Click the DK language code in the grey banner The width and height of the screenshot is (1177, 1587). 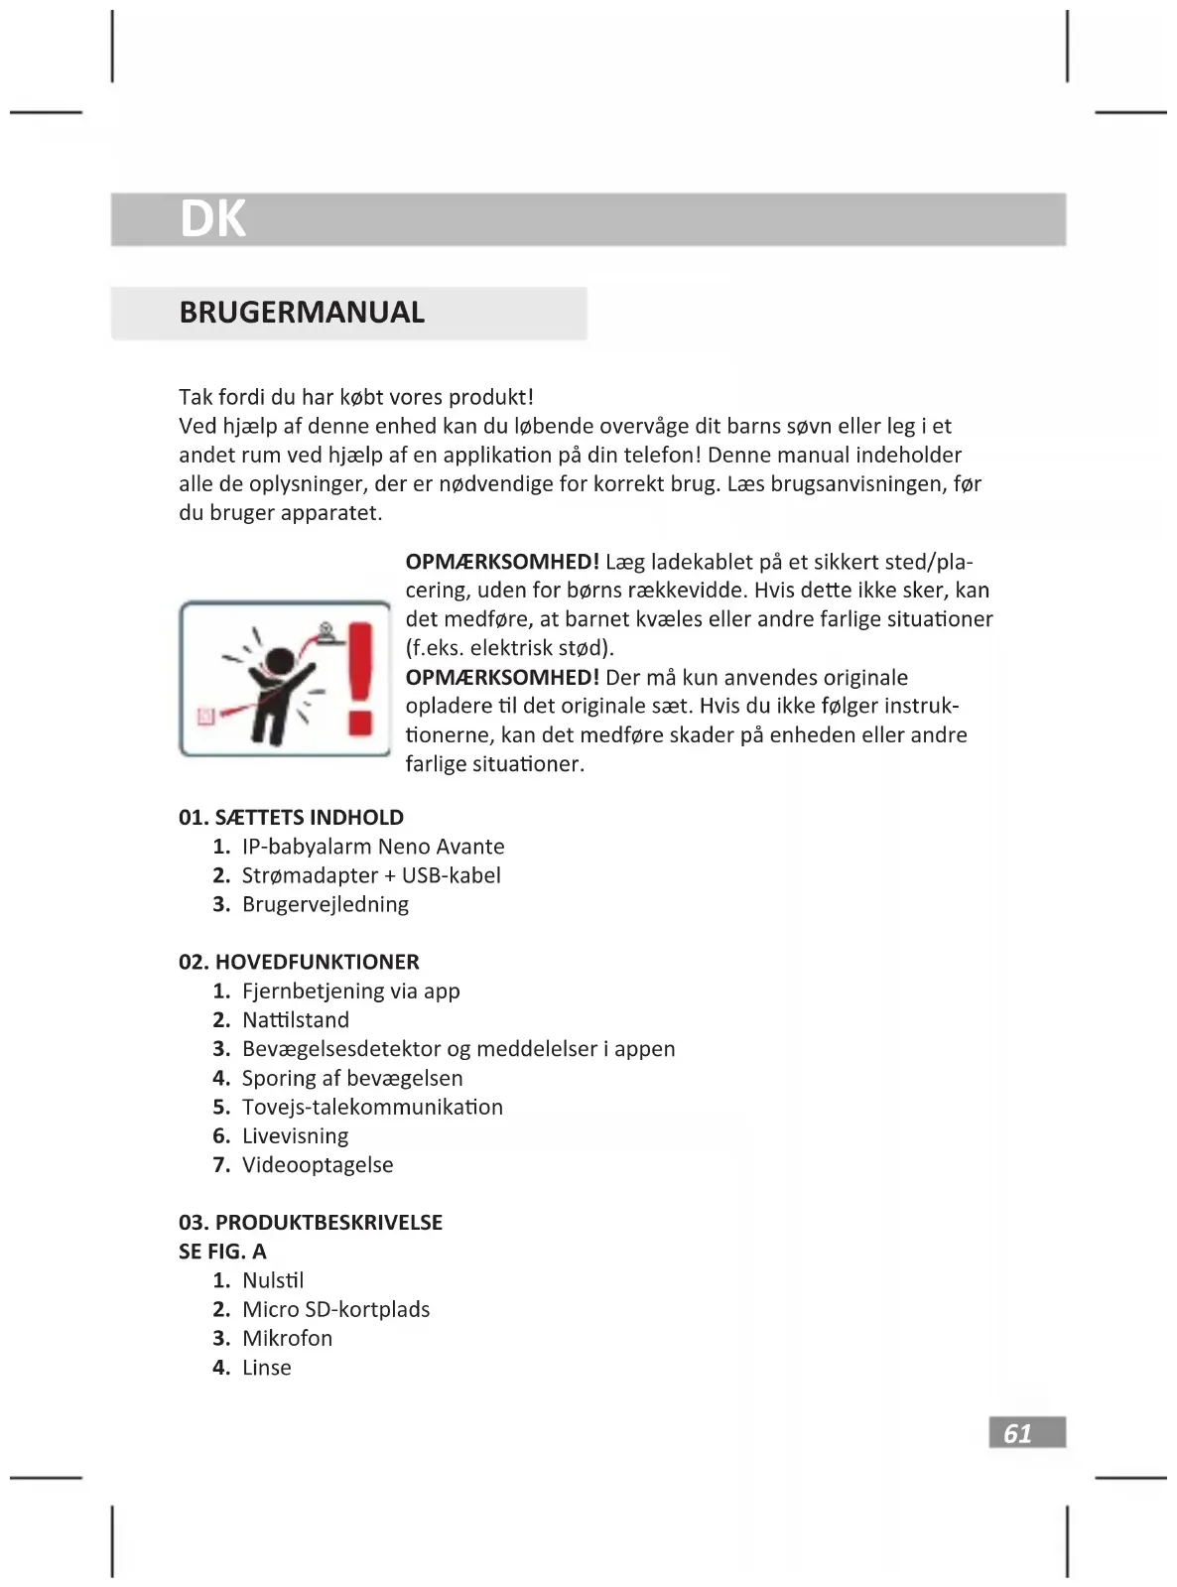coord(212,218)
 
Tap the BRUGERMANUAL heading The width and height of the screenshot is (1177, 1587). coord(302,313)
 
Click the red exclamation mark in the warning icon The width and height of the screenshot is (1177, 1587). coord(361,679)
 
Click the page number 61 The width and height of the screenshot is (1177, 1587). coord(1018,1433)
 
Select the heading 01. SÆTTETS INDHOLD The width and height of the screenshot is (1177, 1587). coord(291,818)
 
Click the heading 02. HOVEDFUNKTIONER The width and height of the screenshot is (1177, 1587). coord(299,962)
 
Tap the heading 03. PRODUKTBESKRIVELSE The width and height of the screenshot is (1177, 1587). coord(311,1223)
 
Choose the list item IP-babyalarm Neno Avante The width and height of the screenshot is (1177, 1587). coord(372,847)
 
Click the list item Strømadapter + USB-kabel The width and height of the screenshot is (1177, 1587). coord(370,875)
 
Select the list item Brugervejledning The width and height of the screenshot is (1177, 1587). coord(325,904)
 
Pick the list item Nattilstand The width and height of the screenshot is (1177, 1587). coord(295,1020)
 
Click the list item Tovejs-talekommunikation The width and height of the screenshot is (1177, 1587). coord(372,1107)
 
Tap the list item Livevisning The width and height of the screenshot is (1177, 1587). coord(295,1135)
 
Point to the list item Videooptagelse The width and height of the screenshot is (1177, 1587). coord(318,1165)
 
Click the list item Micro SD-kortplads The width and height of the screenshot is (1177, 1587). coord(335,1309)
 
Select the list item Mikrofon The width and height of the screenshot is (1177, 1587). coord(287,1338)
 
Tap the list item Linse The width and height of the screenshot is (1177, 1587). coord(266,1368)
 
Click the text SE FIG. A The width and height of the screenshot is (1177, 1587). coord(222,1252)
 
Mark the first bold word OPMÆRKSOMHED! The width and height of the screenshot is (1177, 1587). coord(502,562)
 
